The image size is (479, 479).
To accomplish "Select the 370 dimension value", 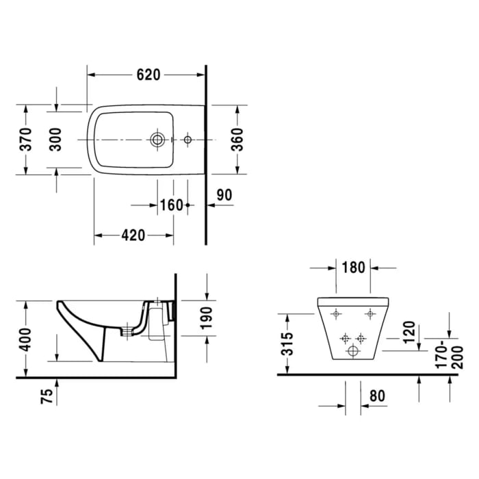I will [x=26, y=140].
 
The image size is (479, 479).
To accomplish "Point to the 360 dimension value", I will [x=237, y=140].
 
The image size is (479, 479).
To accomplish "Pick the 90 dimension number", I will [x=224, y=194].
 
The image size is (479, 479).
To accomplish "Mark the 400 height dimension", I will [x=26, y=338].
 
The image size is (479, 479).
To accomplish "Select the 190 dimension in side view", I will [x=207, y=318].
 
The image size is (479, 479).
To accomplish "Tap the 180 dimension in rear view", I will [x=353, y=268].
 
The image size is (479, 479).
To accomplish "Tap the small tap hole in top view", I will [x=188, y=140].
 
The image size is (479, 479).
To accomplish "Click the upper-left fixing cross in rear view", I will [x=336, y=314].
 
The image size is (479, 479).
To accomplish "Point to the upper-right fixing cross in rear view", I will [x=370, y=314].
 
